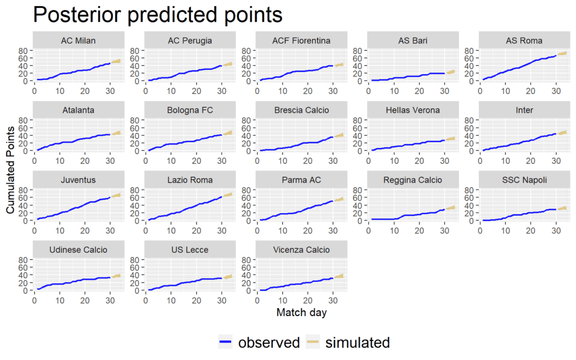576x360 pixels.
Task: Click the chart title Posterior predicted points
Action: point(157,15)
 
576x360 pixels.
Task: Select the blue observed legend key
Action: point(226,342)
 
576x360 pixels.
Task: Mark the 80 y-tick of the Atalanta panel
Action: point(24,120)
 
